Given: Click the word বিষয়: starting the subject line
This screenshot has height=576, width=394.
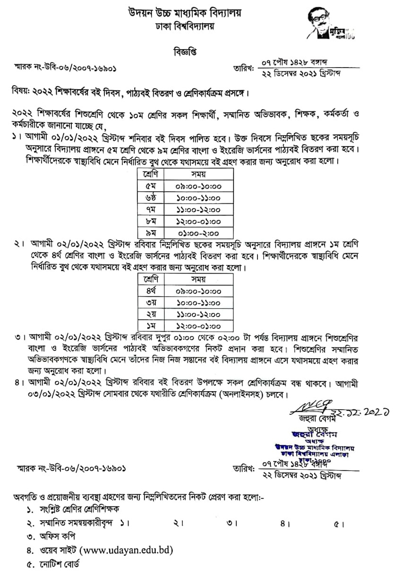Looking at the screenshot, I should tap(22, 91).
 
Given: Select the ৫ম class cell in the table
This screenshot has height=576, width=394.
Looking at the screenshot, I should tap(145, 186).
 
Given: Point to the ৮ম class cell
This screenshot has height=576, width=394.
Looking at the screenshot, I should tap(145, 221).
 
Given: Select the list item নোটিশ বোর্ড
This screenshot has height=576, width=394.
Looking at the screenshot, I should tap(60, 564).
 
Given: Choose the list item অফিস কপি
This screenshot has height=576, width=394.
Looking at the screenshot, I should tap(56, 536).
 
